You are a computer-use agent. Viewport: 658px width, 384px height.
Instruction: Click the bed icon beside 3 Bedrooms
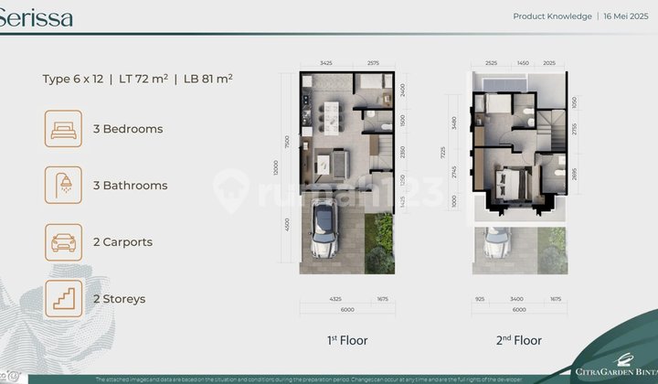[64, 129]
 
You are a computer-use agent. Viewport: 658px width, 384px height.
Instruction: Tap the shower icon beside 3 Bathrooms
[64, 186]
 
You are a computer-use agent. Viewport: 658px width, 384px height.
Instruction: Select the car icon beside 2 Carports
[64, 242]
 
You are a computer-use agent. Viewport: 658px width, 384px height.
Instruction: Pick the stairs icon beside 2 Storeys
[64, 299]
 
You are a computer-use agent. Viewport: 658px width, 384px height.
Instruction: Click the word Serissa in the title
[37, 18]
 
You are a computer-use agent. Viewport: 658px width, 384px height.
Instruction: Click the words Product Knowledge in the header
[552, 16]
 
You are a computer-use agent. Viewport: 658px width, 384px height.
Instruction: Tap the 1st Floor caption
[347, 340]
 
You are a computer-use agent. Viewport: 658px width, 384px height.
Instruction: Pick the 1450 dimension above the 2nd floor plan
[522, 63]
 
